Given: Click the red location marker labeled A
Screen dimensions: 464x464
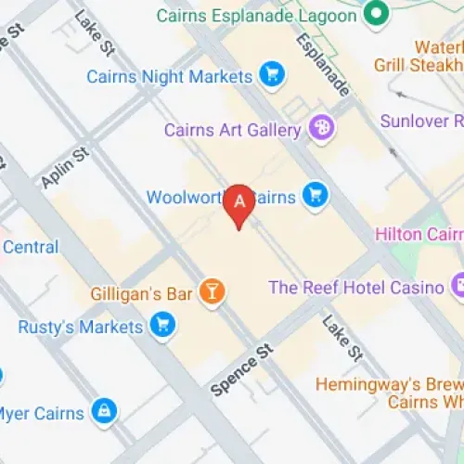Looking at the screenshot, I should click(x=240, y=203).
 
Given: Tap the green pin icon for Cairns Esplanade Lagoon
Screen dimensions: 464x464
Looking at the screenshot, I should click(x=375, y=14).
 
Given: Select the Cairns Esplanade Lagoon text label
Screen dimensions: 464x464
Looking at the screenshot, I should click(x=256, y=16).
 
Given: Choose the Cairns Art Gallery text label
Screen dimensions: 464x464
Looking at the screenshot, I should click(x=233, y=130).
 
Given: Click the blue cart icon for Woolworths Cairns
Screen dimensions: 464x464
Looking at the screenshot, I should click(x=316, y=194).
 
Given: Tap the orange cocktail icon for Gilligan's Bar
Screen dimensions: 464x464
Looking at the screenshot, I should click(x=213, y=293).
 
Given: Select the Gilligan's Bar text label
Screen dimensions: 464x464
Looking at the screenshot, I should click(x=141, y=294).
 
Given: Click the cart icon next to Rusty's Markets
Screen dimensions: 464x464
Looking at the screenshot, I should click(x=165, y=326).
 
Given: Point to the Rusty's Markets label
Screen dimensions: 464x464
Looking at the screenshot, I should click(x=81, y=327).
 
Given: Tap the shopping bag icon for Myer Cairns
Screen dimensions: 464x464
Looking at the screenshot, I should click(x=105, y=411).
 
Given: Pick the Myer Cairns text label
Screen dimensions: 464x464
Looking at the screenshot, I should click(x=42, y=413).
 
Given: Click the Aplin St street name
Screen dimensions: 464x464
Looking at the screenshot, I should click(x=64, y=167).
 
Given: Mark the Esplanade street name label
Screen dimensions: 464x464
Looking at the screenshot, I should click(x=322, y=65).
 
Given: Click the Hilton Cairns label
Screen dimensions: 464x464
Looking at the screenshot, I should click(x=418, y=234).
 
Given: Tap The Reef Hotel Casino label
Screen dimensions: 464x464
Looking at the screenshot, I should click(x=356, y=288).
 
